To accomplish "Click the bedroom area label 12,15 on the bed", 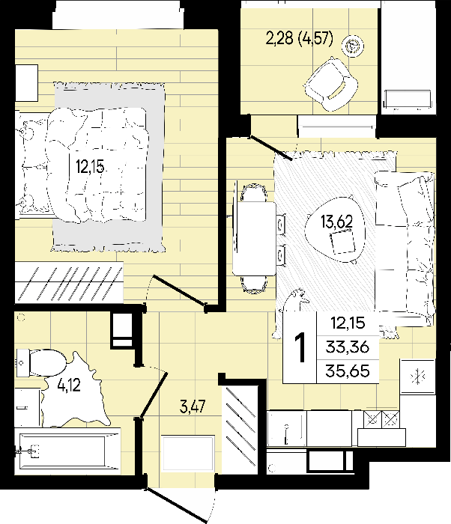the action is point(90,166).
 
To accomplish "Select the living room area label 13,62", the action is point(336,222).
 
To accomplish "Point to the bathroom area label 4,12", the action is point(69,386).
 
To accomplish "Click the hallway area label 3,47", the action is point(193,406).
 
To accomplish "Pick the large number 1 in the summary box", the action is point(300,347).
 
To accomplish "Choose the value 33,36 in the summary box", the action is point(348,347).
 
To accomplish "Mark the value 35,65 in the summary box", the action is point(348,371).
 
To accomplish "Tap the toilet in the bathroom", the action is point(41,362).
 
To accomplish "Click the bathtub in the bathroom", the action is point(67,451).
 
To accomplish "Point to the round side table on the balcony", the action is point(353,46).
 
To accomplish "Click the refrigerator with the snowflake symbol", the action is point(418,377).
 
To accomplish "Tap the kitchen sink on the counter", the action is point(287,428).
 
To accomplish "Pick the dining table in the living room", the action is point(255,239).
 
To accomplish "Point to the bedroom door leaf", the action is point(179,290).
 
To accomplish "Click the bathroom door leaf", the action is point(154,395).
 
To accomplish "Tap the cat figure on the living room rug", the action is point(291,313).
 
